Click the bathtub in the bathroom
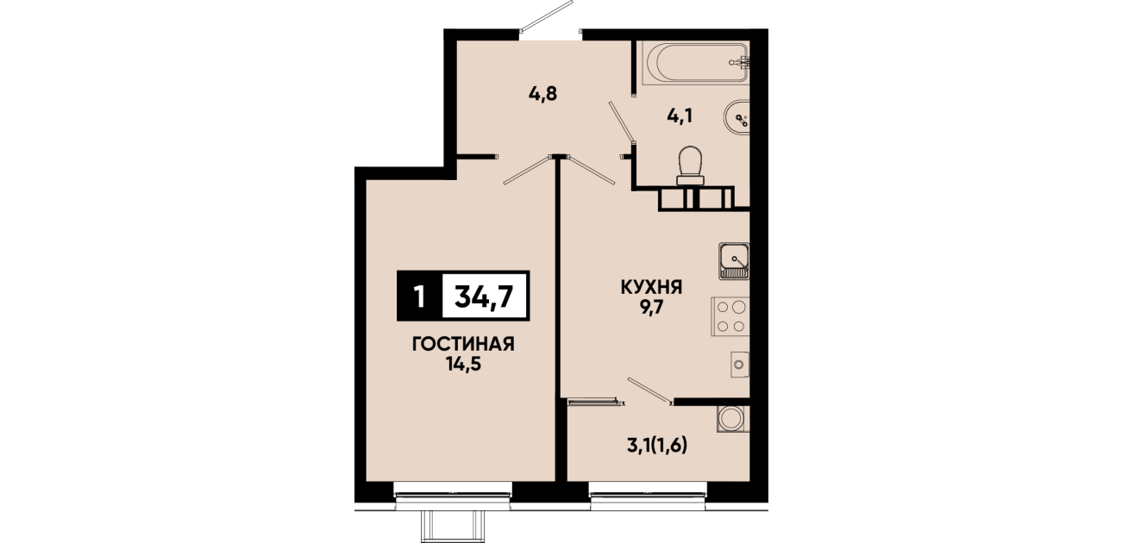pyautogui.click(x=695, y=63)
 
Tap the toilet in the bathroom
pyautogui.click(x=690, y=166)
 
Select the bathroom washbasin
pyautogui.click(x=737, y=117)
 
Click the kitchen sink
pyautogui.click(x=734, y=261)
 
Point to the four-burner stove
pyautogui.click(x=730, y=316)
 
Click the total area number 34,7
pyautogui.click(x=484, y=296)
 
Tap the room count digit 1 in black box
pyautogui.click(x=420, y=296)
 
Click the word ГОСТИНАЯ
pyautogui.click(x=463, y=344)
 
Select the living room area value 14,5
pyautogui.click(x=463, y=365)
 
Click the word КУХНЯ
pyautogui.click(x=652, y=287)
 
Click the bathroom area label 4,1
pyautogui.click(x=680, y=116)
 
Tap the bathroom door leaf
pyautogui.click(x=622, y=122)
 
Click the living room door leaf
pyautogui.click(x=527, y=170)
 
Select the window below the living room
pyautogui.click(x=453, y=496)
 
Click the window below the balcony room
pyautogui.click(x=649, y=496)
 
